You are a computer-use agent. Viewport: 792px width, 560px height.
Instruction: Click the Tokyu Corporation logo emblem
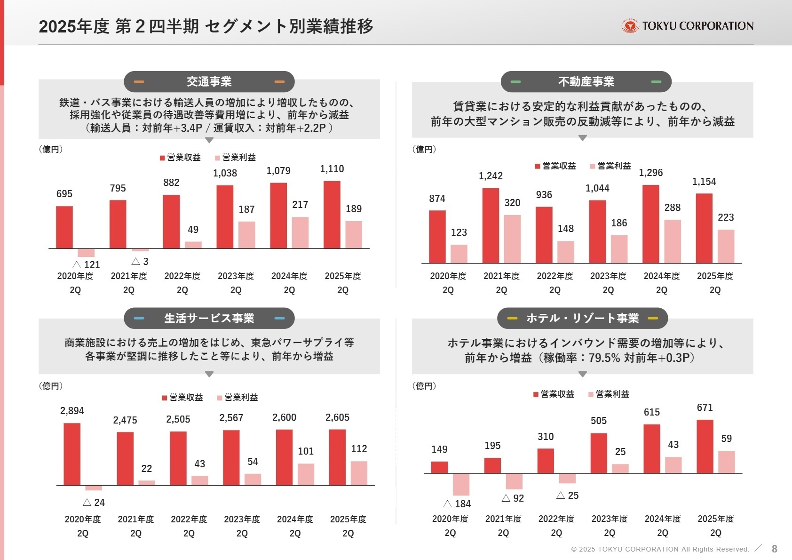tap(630, 26)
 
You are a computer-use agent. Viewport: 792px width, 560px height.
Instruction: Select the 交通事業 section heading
tap(209, 81)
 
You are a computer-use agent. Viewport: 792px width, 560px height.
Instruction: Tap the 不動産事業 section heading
tap(586, 81)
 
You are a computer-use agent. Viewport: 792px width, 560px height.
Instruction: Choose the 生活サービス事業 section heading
tap(209, 318)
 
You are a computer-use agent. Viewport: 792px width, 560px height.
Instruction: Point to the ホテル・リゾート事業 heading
tap(582, 318)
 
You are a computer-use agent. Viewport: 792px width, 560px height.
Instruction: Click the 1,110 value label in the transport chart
tap(332, 169)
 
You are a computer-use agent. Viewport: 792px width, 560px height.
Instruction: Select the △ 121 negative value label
tap(86, 264)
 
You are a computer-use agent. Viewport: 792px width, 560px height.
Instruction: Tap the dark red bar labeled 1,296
tap(650, 224)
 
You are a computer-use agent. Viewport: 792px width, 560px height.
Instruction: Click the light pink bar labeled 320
tap(512, 239)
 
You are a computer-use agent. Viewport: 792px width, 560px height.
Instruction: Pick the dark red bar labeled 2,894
tap(72, 454)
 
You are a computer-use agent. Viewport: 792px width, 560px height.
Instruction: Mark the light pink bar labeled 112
tap(359, 473)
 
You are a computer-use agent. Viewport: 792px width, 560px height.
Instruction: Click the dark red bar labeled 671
tap(705, 446)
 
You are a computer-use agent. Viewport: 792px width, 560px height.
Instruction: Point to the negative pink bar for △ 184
tap(461, 484)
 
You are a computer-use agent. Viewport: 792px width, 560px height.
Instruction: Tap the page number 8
tap(774, 549)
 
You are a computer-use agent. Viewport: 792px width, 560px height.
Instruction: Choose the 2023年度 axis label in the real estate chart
tap(608, 276)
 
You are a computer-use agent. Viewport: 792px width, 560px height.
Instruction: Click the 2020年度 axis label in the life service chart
tap(83, 519)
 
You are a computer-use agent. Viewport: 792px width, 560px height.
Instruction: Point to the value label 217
tap(300, 205)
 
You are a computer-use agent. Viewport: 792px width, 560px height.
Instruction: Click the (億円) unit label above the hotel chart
tap(424, 386)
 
